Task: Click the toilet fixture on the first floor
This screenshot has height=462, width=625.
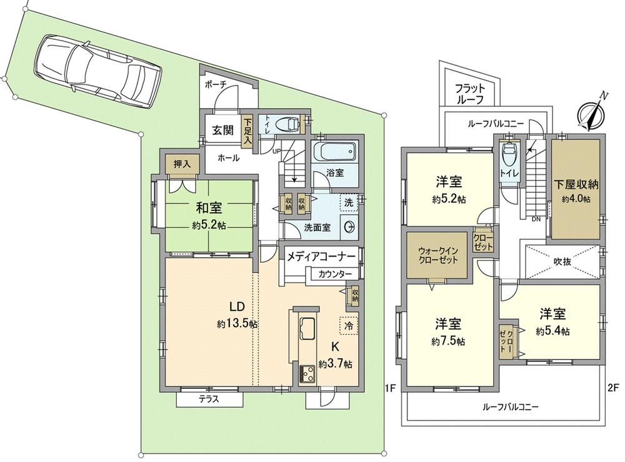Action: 287,124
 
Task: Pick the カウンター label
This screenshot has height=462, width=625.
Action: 334,274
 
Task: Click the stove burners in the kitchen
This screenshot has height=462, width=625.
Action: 309,375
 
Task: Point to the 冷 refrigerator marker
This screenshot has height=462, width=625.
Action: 349,325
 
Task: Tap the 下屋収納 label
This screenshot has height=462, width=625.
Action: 576,184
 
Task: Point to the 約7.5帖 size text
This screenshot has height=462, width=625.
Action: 448,342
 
